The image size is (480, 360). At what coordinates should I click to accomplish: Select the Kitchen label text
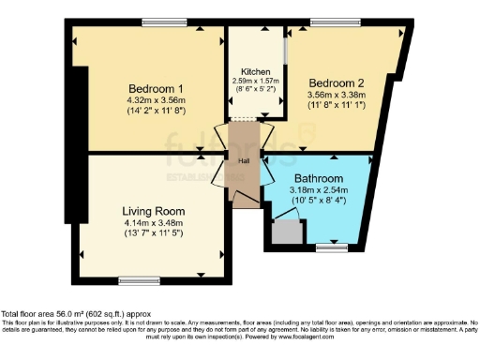[256, 72]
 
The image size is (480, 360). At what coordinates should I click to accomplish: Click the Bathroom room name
[317, 176]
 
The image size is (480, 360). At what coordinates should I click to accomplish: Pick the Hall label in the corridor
[244, 161]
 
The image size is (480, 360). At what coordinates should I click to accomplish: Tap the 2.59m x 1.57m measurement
[256, 82]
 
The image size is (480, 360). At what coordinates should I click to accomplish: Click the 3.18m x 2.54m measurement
[318, 188]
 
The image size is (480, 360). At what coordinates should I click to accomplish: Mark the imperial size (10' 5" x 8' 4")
[318, 199]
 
